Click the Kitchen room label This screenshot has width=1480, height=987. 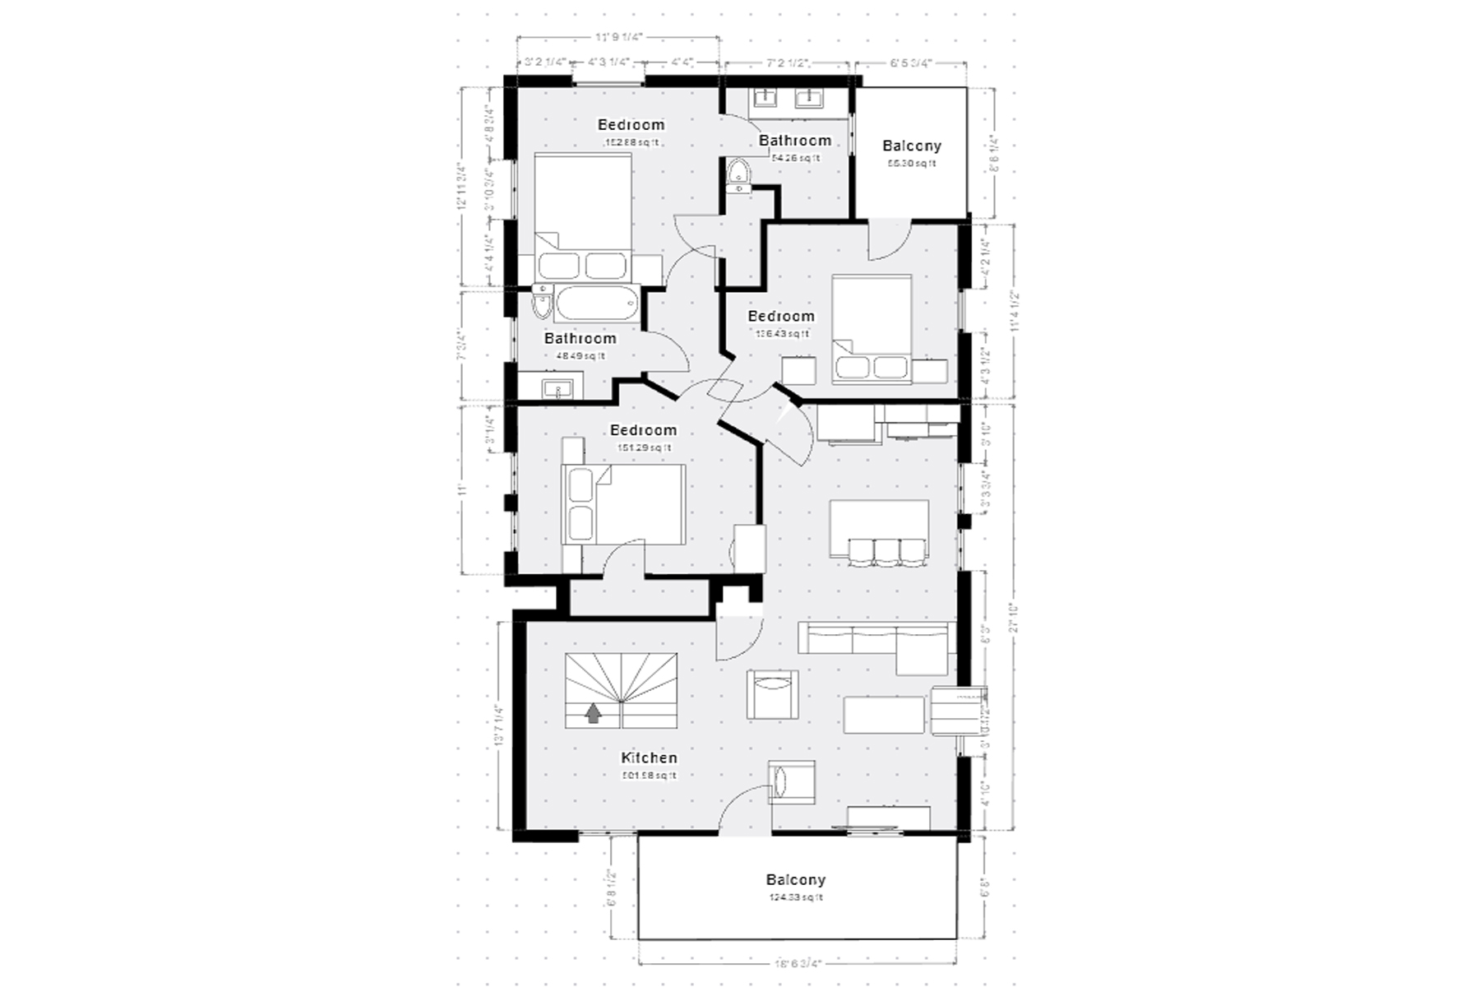pos(649,758)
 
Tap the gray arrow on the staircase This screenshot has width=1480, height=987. pos(593,713)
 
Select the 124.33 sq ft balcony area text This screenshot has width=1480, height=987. pos(795,897)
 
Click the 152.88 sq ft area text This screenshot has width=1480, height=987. pos(631,142)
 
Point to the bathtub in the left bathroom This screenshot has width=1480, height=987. pos(597,304)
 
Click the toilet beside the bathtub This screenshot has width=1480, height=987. pos(541,304)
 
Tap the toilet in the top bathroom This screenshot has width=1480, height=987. pos(738,174)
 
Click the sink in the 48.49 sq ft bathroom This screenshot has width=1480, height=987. pos(562,389)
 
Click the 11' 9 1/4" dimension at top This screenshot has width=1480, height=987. pos(618,37)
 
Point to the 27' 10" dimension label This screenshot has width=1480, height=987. pos(1016,614)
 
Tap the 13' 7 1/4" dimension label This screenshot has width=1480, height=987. pos(496,724)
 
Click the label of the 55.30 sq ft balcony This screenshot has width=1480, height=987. pos(911,146)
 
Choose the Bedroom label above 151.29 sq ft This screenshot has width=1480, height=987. pos(643,430)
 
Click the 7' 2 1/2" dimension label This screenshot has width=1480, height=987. pos(788,63)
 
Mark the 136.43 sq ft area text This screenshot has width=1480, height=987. pos(781,334)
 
